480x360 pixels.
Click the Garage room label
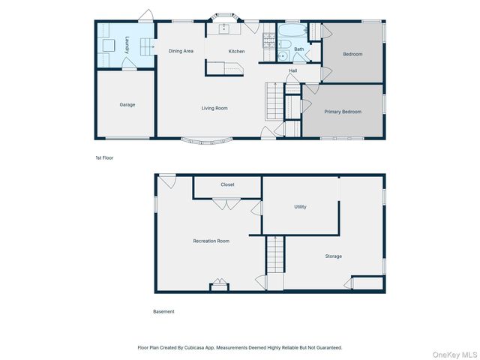pyautogui.click(x=127, y=105)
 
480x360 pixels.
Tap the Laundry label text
pyautogui.click(x=127, y=45)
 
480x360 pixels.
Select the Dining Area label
pyautogui.click(x=181, y=51)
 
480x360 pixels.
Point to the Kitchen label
pyautogui.click(x=236, y=51)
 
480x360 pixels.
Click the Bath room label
pyautogui.click(x=298, y=49)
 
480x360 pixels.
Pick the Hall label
pyautogui.click(x=293, y=71)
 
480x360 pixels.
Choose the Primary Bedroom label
pyautogui.click(x=343, y=112)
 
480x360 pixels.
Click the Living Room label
pyautogui.click(x=214, y=108)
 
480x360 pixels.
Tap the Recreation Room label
pyautogui.click(x=211, y=241)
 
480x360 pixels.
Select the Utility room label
pyautogui.click(x=300, y=207)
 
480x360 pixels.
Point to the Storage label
pyautogui.click(x=334, y=256)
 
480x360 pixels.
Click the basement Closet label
pyautogui.click(x=227, y=184)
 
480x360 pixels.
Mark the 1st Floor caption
pyautogui.click(x=104, y=158)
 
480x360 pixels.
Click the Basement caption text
pyautogui.click(x=163, y=311)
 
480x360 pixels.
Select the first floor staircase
pyautogui.click(x=275, y=101)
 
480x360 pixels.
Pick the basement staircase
pyautogui.click(x=275, y=255)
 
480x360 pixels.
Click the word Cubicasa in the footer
pyautogui.click(x=214, y=347)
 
